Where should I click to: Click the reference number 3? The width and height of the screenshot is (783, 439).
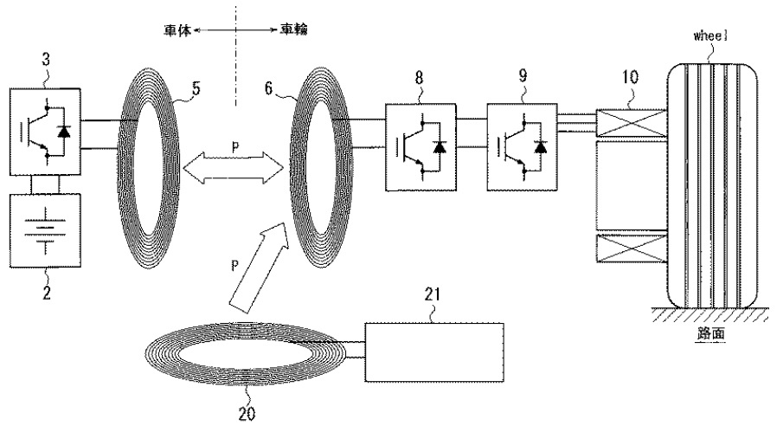coord(46,60)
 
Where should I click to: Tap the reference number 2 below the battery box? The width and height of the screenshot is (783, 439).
coord(47,293)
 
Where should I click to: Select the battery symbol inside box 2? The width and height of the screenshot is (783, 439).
coord(46,231)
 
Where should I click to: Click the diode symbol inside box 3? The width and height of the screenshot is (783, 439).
coord(63,131)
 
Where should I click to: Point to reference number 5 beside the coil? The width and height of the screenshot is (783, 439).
coord(196,88)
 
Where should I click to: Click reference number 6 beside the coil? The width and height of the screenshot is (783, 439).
coord(269,88)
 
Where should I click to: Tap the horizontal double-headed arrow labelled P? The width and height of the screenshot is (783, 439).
coord(233,167)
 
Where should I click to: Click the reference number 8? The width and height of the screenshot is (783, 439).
coord(419,78)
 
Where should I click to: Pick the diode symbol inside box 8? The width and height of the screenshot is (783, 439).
coord(440,147)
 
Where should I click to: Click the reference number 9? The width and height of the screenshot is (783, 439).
coord(523,75)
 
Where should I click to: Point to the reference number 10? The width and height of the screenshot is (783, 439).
coord(630,77)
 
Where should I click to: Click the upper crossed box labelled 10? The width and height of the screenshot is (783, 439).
coord(632,123)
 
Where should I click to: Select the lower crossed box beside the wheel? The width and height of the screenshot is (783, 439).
coord(632,248)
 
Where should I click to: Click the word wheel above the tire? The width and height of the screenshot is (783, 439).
coord(710,36)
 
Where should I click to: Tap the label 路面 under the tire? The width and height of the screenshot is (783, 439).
coord(710,333)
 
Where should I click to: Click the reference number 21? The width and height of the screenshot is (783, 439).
coord(433,294)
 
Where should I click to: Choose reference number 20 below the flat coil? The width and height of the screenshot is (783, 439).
coord(247,414)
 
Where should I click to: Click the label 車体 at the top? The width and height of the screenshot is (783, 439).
coord(177,30)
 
